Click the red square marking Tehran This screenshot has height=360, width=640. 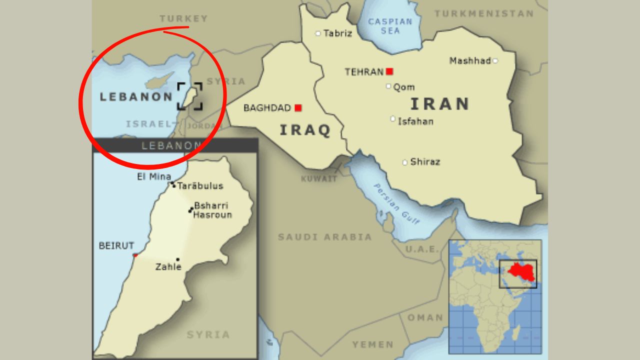click(x=389, y=71)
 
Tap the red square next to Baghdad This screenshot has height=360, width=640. click(x=298, y=107)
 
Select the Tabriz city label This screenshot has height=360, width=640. click(x=337, y=33)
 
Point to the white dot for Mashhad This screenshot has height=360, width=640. click(x=495, y=60)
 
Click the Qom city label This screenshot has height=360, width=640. click(x=403, y=87)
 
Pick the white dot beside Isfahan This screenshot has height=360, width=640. click(x=393, y=119)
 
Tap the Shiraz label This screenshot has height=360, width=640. click(x=425, y=162)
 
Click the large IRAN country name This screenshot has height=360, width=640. click(x=440, y=103)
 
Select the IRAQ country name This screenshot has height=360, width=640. click(x=305, y=130)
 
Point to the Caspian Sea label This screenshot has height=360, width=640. click(x=390, y=26)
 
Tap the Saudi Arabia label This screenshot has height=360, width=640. click(x=325, y=237)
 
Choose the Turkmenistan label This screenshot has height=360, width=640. click(x=483, y=13)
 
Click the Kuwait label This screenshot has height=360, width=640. click(x=319, y=178)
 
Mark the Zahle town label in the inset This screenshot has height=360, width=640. click(x=168, y=267)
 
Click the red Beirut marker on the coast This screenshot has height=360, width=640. click(x=134, y=255)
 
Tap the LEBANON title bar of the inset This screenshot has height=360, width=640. click(x=174, y=145)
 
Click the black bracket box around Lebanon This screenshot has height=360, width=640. click(x=190, y=96)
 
